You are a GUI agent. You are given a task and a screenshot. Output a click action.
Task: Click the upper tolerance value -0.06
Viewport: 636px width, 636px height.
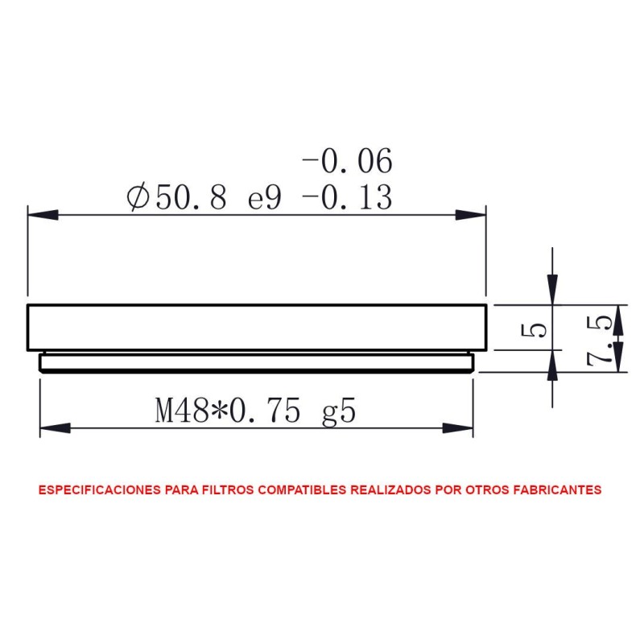click(x=348, y=162)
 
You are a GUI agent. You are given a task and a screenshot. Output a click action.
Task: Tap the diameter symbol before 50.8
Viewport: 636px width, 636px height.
click(x=138, y=197)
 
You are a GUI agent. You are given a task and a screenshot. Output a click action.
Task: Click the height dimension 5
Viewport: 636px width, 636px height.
click(x=539, y=328)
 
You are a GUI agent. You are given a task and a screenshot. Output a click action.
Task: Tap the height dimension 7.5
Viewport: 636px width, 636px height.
click(x=601, y=339)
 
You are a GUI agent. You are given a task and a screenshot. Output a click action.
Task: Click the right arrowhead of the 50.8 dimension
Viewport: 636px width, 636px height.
click(x=471, y=215)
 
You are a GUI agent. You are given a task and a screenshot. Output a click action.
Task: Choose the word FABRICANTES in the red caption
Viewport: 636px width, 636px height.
click(x=556, y=489)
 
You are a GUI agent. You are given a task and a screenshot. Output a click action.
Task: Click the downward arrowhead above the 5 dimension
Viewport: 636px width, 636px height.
click(x=552, y=289)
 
